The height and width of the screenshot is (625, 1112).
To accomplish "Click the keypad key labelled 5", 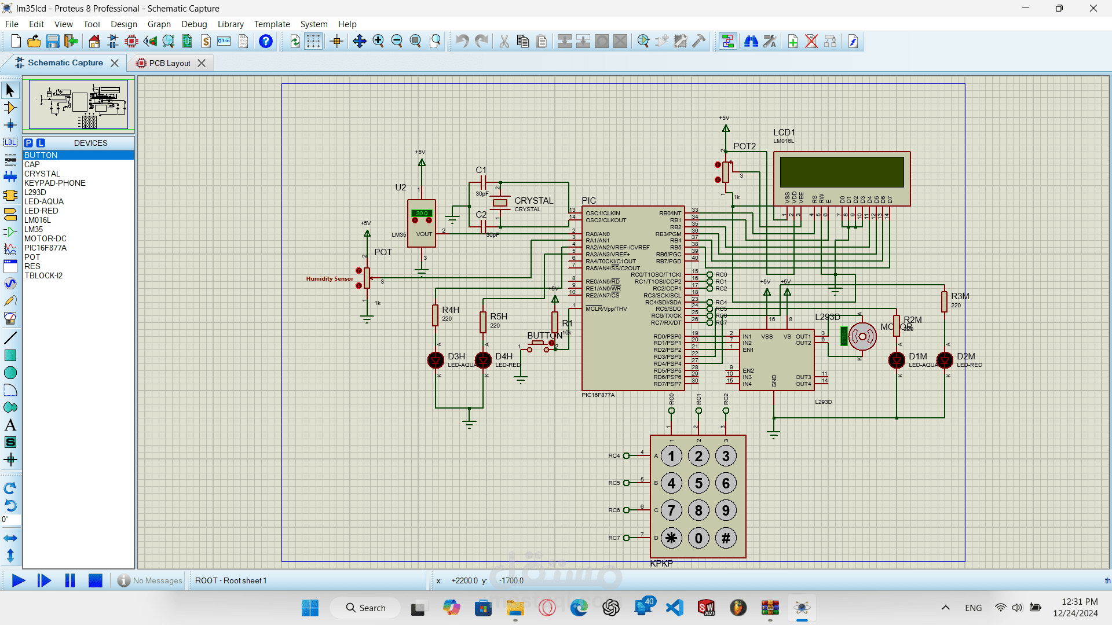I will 698,483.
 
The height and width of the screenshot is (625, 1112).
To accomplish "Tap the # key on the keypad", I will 726,538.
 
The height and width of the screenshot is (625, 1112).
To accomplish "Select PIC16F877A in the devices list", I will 45,248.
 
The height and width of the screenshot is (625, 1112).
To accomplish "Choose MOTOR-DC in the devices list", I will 45,238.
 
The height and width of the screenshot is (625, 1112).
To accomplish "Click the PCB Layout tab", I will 169,63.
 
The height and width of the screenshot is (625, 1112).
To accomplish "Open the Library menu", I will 230,24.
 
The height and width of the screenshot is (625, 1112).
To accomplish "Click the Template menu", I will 272,24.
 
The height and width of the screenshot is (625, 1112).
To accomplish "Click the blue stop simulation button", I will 96,580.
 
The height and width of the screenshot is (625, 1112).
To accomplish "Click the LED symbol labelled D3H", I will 436,360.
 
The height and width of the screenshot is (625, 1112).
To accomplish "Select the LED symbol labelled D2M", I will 945,360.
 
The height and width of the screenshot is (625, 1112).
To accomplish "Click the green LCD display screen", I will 842,172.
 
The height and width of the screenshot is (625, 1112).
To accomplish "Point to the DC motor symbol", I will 862,336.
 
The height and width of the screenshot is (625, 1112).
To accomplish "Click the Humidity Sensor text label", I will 330,279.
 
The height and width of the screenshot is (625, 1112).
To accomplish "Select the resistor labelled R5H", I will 483,322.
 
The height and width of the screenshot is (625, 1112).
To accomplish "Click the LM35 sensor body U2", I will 422,223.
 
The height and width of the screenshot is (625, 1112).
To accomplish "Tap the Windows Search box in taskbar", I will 365,608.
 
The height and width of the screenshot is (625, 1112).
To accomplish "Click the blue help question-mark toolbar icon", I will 266,42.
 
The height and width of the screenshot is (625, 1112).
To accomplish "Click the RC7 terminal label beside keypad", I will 614,538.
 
